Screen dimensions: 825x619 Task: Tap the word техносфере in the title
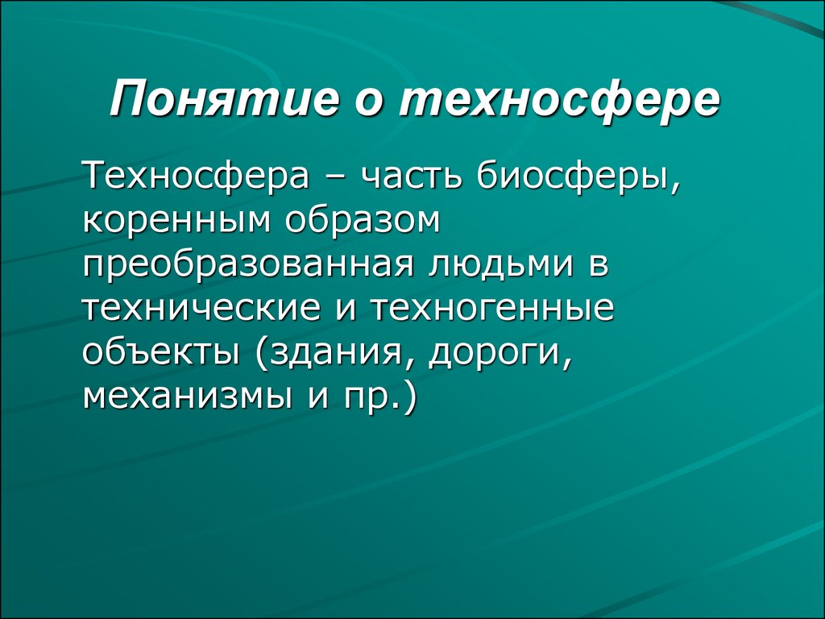pyautogui.click(x=559, y=101)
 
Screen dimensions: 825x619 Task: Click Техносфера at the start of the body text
pyautogui.click(x=196, y=177)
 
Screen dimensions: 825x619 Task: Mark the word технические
pyautogui.click(x=201, y=309)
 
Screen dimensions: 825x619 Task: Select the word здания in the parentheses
pyautogui.click(x=341, y=353)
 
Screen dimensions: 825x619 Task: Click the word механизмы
pyautogui.click(x=187, y=396)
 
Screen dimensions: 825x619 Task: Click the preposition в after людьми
pyautogui.click(x=599, y=265)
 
